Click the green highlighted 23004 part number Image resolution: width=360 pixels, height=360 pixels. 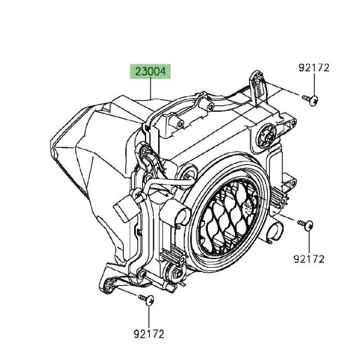click(151, 71)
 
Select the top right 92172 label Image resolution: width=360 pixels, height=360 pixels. click(314, 68)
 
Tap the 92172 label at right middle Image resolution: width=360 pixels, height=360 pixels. click(309, 259)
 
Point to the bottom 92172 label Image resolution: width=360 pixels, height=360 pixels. click(149, 334)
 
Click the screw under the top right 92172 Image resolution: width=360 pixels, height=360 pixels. click(310, 100)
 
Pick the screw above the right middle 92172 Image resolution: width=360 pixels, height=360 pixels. click(305, 225)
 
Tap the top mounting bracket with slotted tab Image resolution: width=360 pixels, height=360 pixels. click(257, 87)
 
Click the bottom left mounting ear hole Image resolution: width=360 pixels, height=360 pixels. click(108, 285)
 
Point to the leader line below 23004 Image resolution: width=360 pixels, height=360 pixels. click(151, 88)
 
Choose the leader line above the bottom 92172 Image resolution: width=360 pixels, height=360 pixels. click(149, 317)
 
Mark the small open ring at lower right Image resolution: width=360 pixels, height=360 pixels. click(275, 232)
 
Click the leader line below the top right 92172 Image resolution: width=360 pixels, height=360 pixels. click(314, 84)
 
